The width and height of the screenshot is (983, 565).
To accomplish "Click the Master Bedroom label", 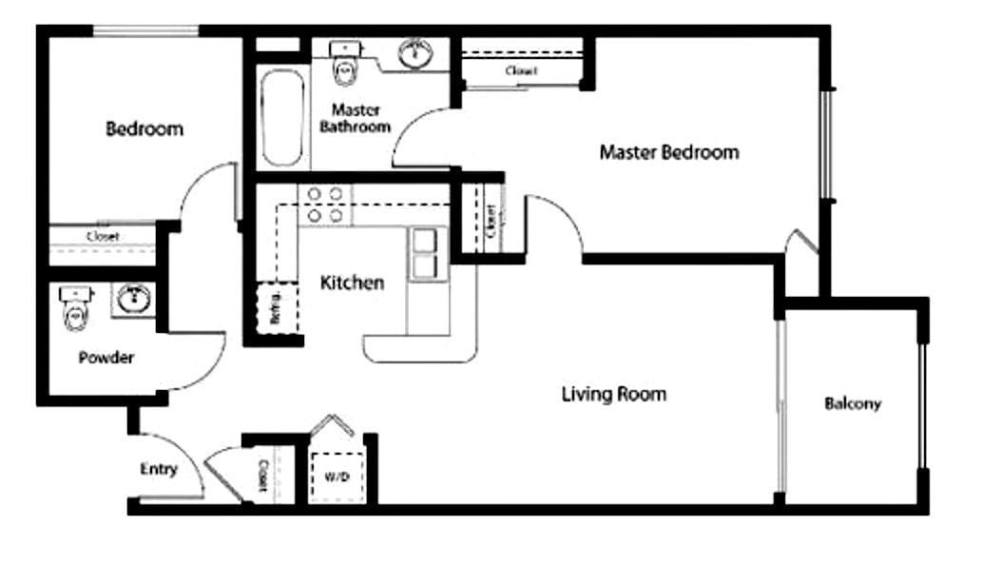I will click(668, 152).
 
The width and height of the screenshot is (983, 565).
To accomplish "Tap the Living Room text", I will click(613, 394).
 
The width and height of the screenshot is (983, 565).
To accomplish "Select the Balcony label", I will click(852, 403).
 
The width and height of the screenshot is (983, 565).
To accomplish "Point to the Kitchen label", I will click(352, 282).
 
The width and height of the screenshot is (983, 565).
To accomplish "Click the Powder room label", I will click(106, 359).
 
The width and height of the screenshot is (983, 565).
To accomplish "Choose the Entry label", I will click(158, 469).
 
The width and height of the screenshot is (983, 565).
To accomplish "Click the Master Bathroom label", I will click(355, 118).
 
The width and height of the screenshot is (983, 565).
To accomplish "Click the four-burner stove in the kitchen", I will click(325, 205).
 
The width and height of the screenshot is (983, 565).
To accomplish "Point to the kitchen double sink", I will click(425, 254).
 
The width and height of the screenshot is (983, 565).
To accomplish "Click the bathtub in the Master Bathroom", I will click(281, 116).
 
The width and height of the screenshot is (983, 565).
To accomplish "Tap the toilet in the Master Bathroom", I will click(343, 62).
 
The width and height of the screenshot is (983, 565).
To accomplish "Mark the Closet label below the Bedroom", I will click(102, 236).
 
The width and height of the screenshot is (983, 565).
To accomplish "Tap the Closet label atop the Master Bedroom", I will click(521, 70).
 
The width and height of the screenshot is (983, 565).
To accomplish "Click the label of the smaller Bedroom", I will click(145, 128).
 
